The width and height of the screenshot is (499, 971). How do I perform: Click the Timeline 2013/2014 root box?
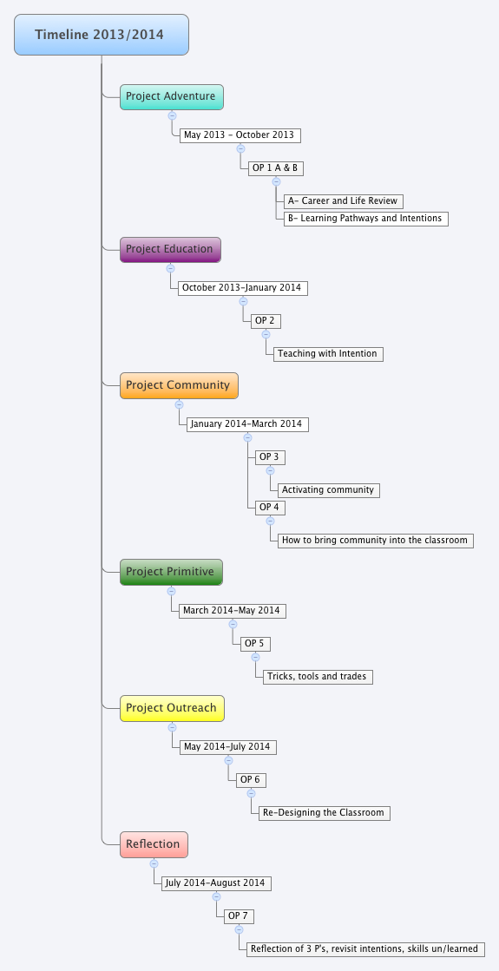tap(102, 35)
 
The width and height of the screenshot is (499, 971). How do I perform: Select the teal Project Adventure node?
tap(171, 96)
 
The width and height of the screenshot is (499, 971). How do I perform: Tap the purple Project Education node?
tap(170, 249)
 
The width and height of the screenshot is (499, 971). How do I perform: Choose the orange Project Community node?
tap(178, 385)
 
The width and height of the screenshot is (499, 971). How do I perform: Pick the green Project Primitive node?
tap(171, 572)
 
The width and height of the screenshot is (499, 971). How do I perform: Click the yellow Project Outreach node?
tap(172, 708)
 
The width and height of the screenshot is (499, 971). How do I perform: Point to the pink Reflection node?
tap(153, 843)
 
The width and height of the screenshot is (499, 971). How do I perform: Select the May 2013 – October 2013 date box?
tap(240, 135)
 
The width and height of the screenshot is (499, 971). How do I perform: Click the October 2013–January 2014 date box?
tap(242, 288)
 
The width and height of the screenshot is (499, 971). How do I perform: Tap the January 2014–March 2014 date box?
tap(246, 424)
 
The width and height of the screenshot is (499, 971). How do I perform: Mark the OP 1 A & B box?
tap(275, 168)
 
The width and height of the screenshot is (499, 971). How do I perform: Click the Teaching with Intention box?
tap(327, 354)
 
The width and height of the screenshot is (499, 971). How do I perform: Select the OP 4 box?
tap(269, 508)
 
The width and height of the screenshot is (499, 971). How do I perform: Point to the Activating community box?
tap(328, 490)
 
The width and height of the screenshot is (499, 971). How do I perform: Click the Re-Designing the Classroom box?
tap(323, 813)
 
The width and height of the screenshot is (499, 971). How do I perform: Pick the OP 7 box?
tap(239, 916)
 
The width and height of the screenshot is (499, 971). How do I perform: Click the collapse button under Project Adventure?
tap(172, 115)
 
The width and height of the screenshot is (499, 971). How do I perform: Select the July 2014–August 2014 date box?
tap(216, 883)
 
